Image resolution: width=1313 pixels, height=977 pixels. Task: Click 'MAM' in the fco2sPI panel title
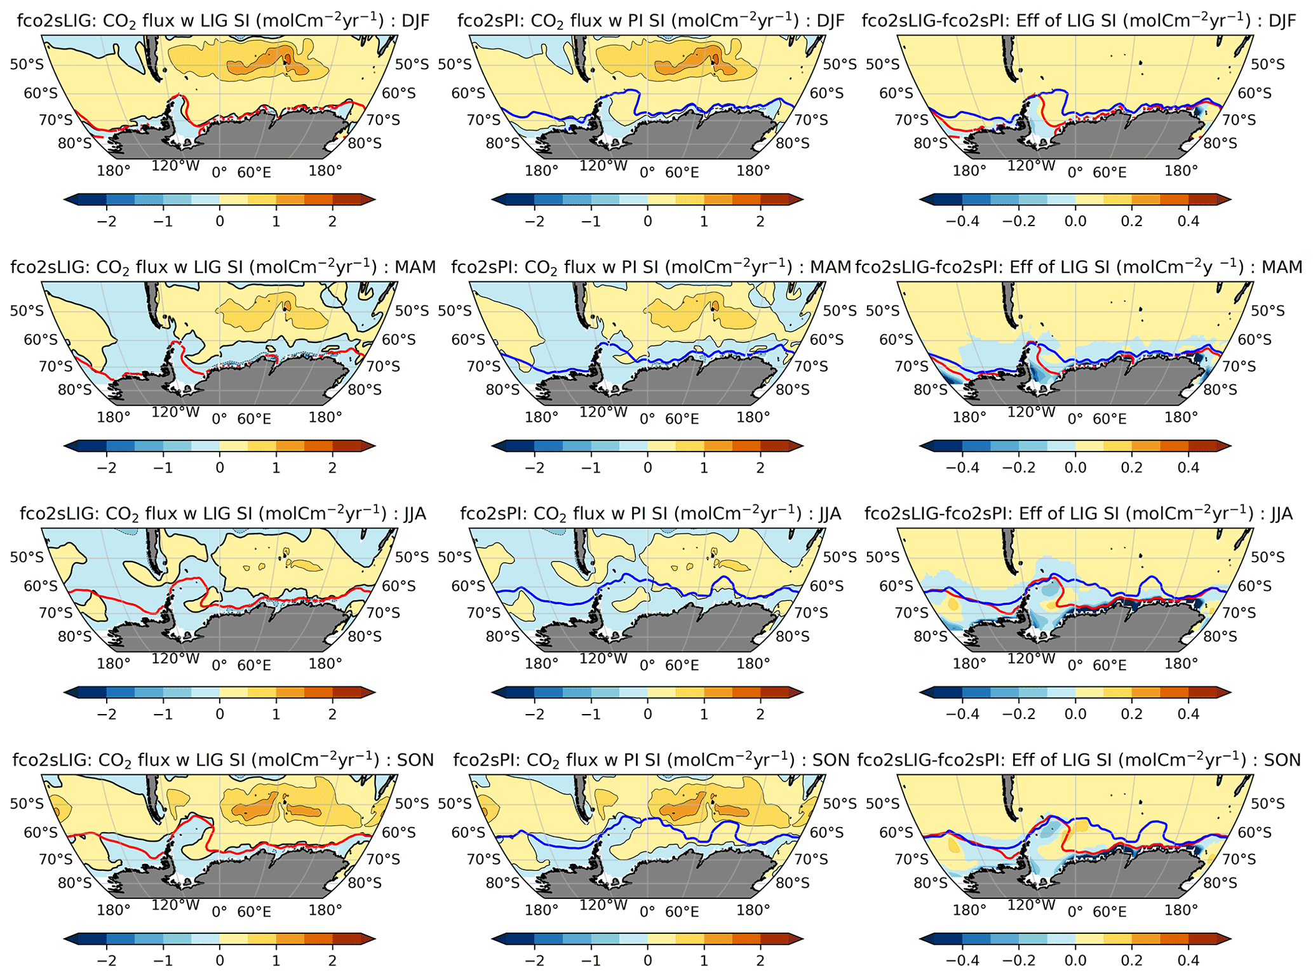[830, 267]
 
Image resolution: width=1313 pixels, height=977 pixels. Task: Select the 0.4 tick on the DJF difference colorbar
[1188, 221]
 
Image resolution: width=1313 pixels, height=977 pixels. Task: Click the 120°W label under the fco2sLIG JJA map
[175, 659]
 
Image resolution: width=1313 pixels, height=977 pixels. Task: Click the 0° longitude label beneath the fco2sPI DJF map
[647, 172]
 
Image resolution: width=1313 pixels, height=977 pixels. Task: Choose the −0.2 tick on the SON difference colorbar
[1019, 960]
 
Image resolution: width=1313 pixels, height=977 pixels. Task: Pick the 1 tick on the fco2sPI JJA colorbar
[704, 714]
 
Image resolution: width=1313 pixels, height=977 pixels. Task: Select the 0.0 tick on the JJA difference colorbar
[1075, 714]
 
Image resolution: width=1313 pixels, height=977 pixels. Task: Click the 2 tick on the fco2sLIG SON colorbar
[332, 960]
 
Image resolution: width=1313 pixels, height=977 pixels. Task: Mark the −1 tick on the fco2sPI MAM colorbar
[591, 468]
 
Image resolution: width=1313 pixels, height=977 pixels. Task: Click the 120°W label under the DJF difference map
[1031, 166]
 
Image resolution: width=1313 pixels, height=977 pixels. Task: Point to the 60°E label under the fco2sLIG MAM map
[254, 419]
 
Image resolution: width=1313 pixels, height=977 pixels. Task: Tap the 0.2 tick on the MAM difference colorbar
[1131, 468]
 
